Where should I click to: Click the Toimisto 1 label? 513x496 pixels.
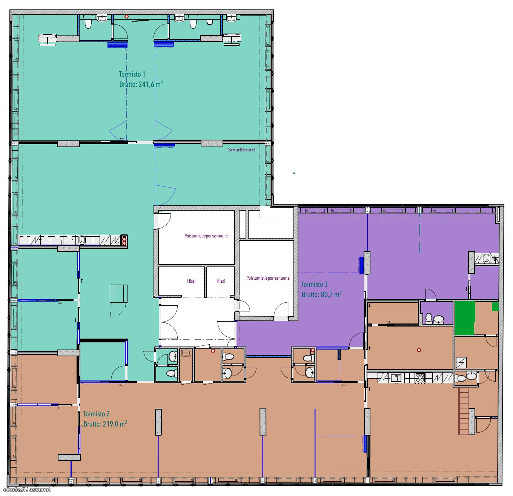tap(132, 74)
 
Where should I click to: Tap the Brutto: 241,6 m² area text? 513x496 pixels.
tap(141, 84)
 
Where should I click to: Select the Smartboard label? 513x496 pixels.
tap(241, 149)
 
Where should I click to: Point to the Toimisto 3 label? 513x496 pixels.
tap(314, 284)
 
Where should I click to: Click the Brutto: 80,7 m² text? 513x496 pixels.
tap(321, 294)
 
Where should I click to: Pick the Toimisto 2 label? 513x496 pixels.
tap(96, 414)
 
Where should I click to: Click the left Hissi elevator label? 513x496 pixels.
tap(191, 281)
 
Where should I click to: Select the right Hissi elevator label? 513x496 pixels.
tap(221, 281)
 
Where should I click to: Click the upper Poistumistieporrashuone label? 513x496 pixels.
tap(206, 236)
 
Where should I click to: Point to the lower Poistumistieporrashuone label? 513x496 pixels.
tap(268, 278)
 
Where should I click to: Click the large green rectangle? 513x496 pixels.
tap(465, 318)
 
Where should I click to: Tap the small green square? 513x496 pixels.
tap(495, 307)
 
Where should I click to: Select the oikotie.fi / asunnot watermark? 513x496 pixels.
tap(27, 490)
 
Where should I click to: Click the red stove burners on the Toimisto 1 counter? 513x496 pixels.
tap(124, 240)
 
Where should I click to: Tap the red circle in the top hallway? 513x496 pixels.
tap(126, 16)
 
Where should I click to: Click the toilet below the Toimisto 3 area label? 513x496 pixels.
tap(429, 319)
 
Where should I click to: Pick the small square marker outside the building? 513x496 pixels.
tap(294, 173)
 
